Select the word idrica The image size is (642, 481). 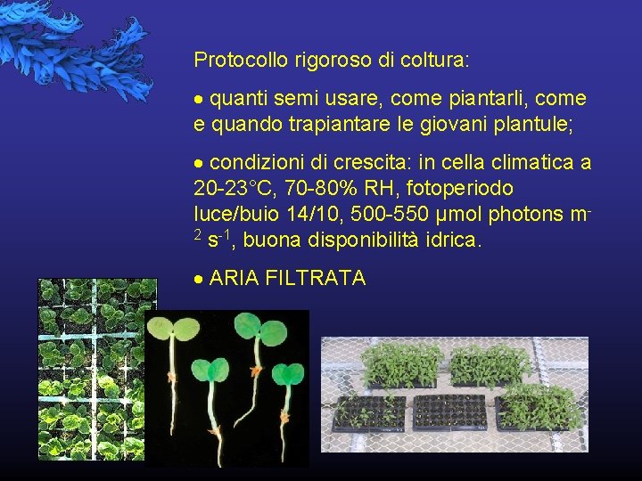pyautogui.click(x=453, y=240)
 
